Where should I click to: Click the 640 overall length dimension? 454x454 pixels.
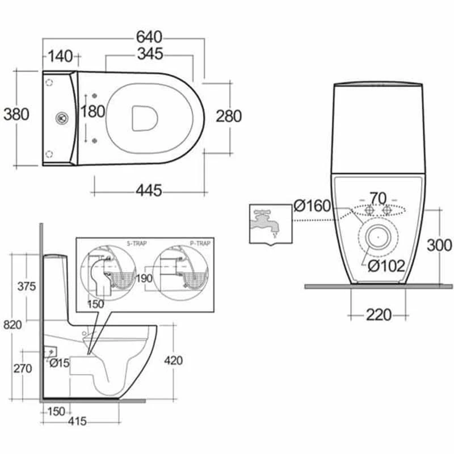(x=149, y=37)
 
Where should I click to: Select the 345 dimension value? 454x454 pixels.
(x=149, y=54)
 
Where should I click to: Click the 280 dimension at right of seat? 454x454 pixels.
(x=229, y=116)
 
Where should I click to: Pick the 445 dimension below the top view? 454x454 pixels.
(x=149, y=190)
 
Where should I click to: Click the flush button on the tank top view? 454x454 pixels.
(x=61, y=119)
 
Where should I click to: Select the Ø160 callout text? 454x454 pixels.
(x=312, y=206)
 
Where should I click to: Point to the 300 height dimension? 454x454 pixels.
(x=439, y=245)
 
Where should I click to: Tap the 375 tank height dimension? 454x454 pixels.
(x=26, y=286)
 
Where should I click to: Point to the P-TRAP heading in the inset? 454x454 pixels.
(x=199, y=243)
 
